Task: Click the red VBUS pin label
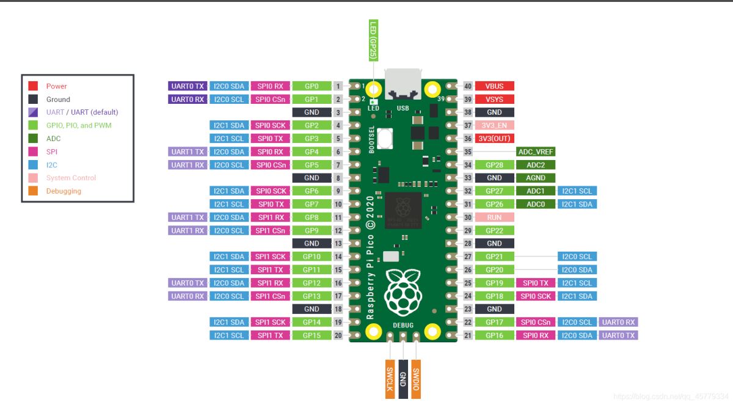click(494, 86)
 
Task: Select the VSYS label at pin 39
click(494, 99)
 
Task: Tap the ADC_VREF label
click(536, 151)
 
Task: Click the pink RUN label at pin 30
click(494, 217)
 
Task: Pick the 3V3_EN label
click(494, 125)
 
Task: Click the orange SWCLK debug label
click(390, 379)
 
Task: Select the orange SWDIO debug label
click(416, 379)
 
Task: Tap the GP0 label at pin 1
click(312, 86)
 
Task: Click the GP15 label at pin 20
click(312, 335)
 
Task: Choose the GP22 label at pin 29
click(494, 230)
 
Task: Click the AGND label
click(536, 178)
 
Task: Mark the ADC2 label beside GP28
click(536, 165)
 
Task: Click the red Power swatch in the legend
click(33, 86)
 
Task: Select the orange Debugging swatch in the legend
click(33, 191)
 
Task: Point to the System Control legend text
click(71, 178)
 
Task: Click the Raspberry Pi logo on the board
click(403, 292)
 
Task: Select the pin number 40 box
click(468, 86)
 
